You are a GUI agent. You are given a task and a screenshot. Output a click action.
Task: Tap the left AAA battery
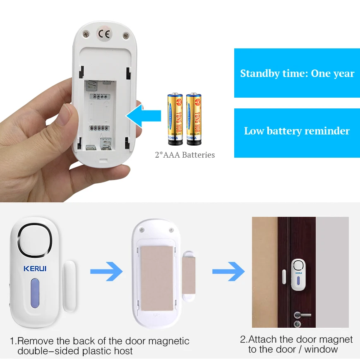coord(175,119)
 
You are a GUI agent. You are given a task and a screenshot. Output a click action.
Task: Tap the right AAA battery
coord(194,119)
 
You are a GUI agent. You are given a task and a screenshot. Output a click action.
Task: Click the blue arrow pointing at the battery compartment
coord(143,115)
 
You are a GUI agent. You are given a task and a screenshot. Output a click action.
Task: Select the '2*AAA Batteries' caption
coord(185,155)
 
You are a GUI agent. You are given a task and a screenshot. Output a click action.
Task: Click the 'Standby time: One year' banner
coord(297,73)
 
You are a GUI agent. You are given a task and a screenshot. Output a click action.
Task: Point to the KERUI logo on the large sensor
coord(35,269)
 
